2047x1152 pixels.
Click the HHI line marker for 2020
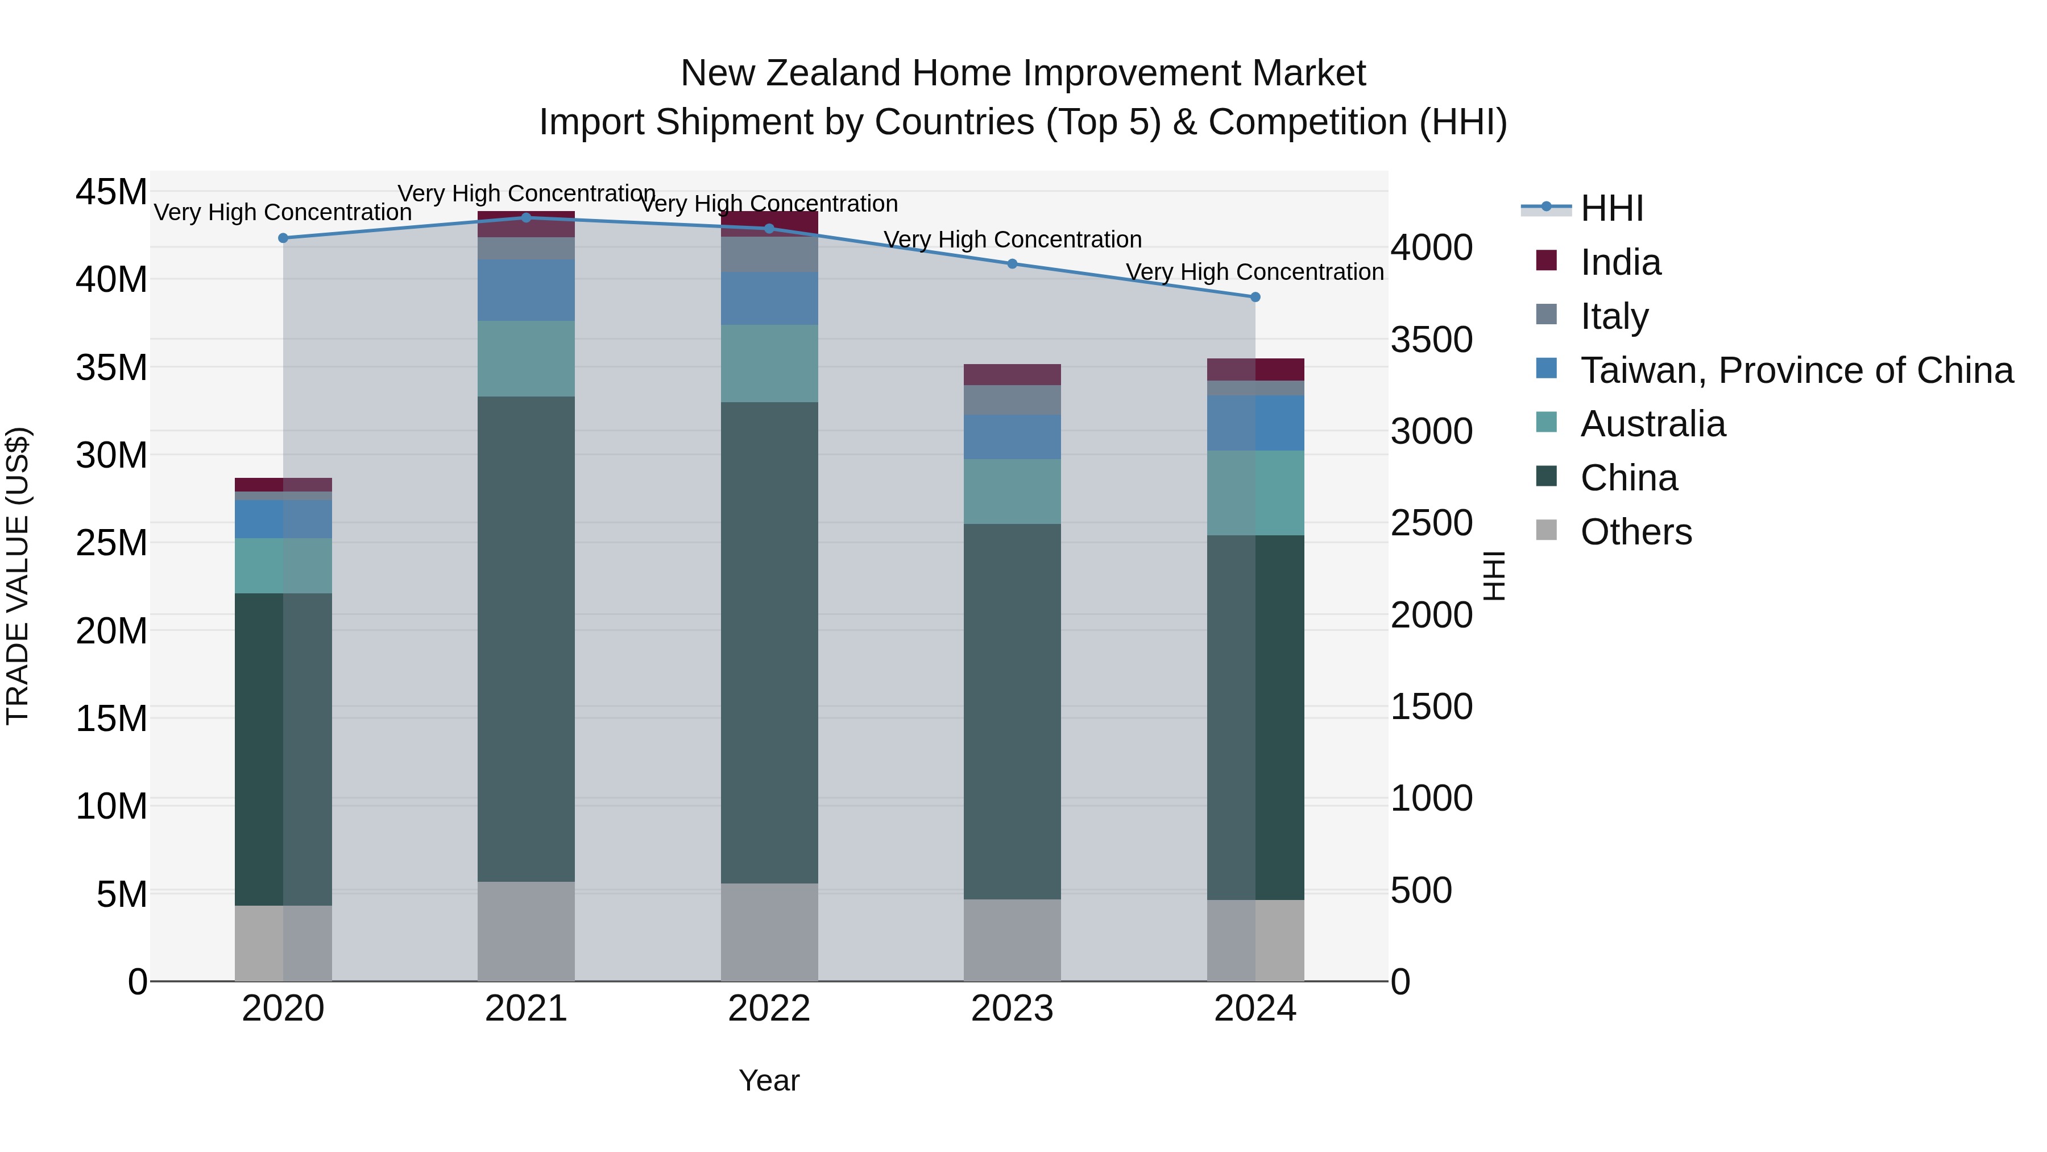point(283,238)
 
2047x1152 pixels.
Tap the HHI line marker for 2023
point(1012,264)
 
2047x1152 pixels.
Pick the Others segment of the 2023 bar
point(1012,940)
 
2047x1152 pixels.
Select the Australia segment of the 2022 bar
point(769,364)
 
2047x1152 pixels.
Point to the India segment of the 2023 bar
point(1012,374)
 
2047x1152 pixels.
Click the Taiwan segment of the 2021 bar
point(526,290)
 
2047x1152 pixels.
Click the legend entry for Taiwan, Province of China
point(1796,370)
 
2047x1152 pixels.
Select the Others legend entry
point(1635,532)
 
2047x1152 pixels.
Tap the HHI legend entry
point(1611,208)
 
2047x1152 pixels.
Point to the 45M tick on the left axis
point(111,192)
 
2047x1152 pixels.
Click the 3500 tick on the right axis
point(1431,340)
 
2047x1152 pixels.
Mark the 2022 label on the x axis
point(769,1009)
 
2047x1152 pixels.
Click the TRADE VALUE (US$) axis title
point(18,576)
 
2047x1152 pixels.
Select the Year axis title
point(769,1080)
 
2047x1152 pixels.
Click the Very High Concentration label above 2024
point(1255,272)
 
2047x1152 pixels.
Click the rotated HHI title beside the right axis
point(1494,576)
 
